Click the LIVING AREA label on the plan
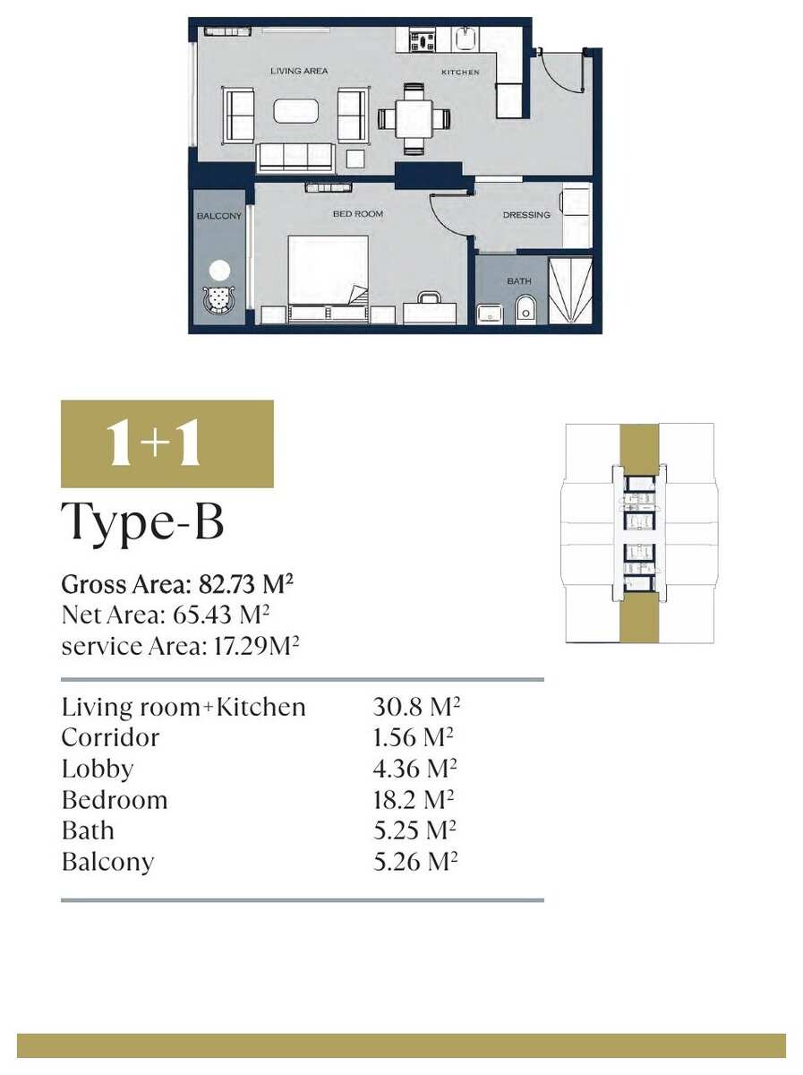coord(299,71)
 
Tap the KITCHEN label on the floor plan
coord(460,72)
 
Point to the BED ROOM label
coord(358,214)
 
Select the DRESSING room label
coord(526,215)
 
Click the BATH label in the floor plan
coord(518,281)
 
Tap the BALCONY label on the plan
coord(218,216)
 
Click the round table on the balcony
coord(219,271)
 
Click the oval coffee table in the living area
coord(295,111)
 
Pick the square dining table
coord(414,119)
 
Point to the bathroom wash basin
coord(490,314)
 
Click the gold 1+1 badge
coord(167,443)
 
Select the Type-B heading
coord(142,522)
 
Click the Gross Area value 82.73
coord(226,584)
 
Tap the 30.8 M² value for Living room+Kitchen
coord(416,707)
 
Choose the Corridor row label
coord(111,738)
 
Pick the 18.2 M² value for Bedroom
coord(414,800)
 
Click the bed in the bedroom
coord(328,279)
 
